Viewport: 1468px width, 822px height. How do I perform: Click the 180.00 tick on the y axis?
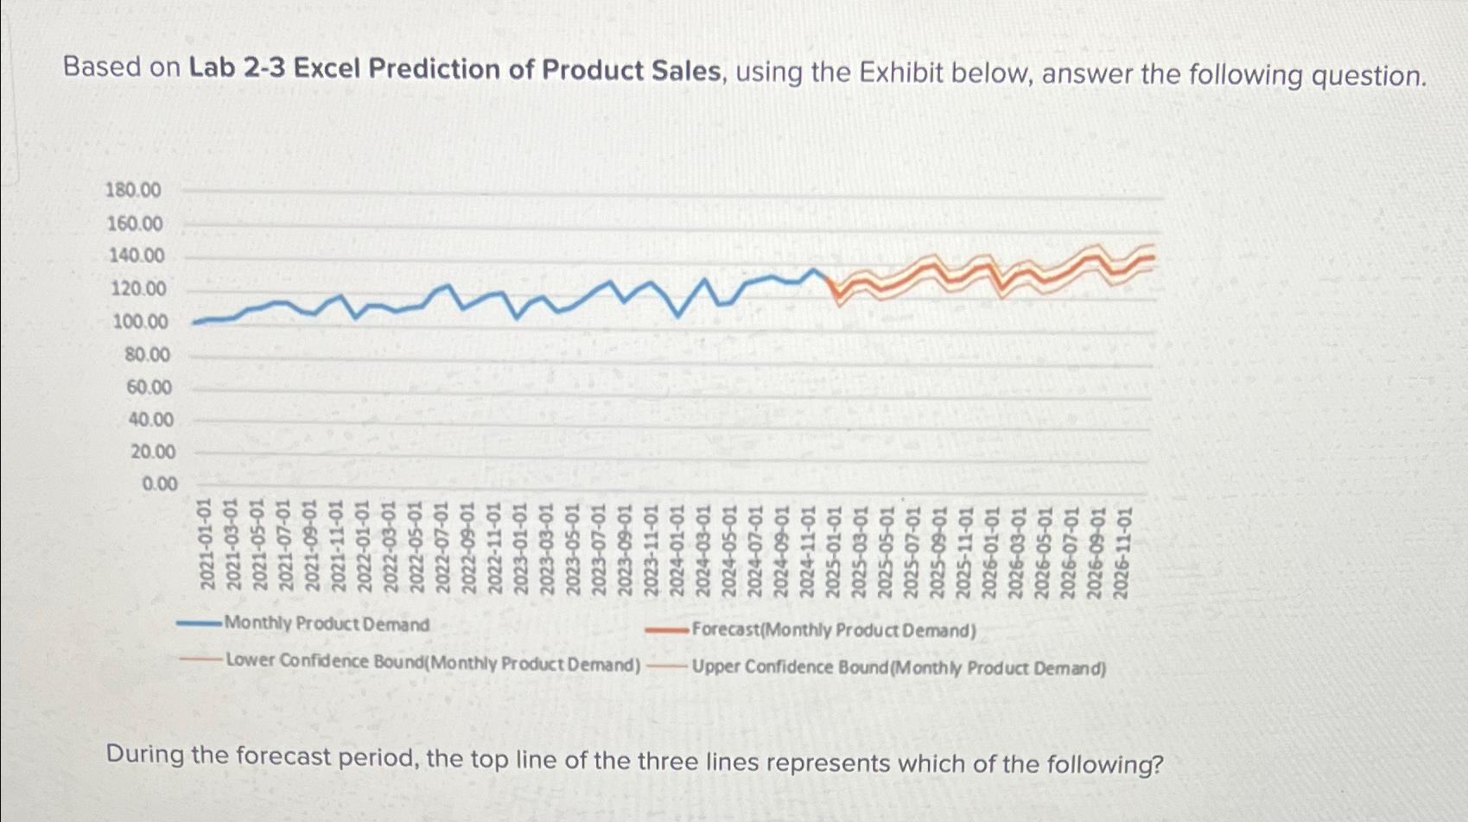[x=133, y=190]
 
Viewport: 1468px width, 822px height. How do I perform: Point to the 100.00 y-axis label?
[x=139, y=322]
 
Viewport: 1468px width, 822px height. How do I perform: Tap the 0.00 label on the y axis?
[x=159, y=484]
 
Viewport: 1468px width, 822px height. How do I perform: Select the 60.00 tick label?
[x=149, y=388]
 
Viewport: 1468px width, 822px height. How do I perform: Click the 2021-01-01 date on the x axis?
[x=207, y=544]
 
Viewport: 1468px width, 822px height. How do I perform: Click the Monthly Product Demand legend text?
[x=327, y=623]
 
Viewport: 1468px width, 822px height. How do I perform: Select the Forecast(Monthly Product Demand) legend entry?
[x=834, y=630]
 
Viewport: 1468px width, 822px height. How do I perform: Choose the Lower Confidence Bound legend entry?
[x=432, y=663]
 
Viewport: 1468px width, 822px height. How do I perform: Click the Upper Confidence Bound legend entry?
[x=899, y=668]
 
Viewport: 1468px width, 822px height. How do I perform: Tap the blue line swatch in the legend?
[x=199, y=623]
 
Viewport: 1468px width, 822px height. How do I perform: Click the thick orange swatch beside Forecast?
[x=667, y=630]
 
